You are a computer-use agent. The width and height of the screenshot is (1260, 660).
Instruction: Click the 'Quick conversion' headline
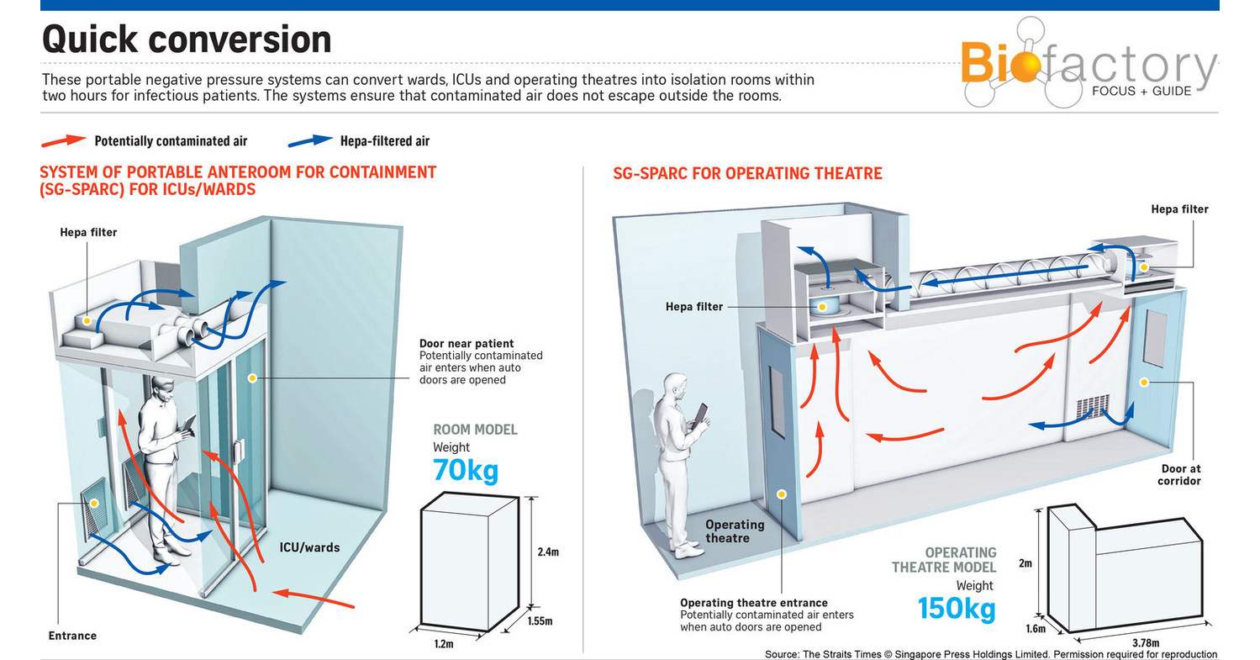tap(187, 40)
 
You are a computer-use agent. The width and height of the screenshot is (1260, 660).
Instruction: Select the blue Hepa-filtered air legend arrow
tap(310, 140)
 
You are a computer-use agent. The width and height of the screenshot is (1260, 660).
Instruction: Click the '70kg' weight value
tap(466, 470)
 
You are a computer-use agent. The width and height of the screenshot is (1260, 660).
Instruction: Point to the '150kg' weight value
tap(956, 607)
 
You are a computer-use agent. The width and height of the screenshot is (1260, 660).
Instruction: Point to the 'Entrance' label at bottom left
tap(72, 636)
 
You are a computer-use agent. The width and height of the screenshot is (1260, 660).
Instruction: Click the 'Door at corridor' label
tap(1178, 474)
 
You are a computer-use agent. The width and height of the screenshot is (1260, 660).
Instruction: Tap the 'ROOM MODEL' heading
tap(475, 430)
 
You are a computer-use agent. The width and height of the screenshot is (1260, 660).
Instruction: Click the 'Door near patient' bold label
tap(467, 343)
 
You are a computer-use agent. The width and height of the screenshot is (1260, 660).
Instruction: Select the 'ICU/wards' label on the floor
tap(308, 547)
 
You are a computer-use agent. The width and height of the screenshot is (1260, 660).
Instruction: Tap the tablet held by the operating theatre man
tap(699, 416)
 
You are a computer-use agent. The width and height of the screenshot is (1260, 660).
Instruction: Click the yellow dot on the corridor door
tap(1143, 383)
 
